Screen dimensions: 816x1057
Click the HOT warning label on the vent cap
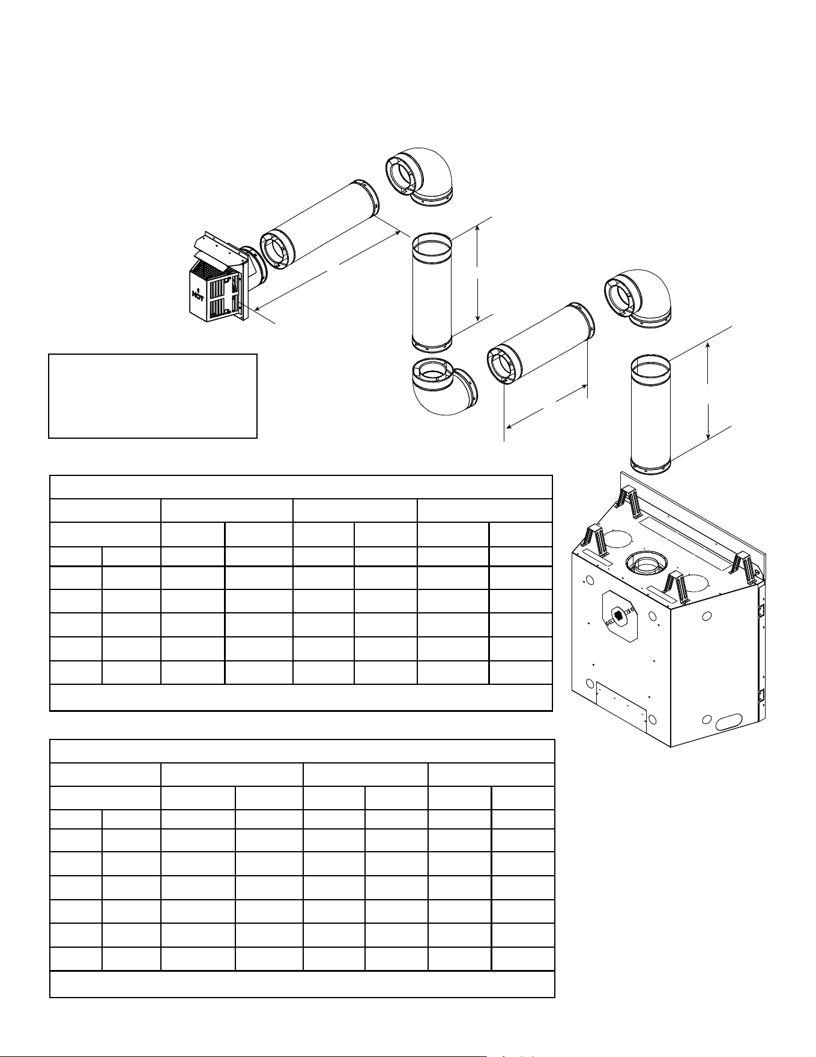196,294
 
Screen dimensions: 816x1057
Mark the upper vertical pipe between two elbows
431,291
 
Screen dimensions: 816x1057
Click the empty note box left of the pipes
153,396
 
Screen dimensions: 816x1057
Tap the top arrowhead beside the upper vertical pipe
477,227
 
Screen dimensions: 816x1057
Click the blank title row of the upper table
301,487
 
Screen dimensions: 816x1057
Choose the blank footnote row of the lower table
302,984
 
